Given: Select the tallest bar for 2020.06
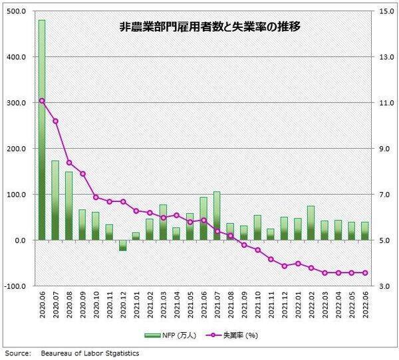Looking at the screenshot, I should (42, 133).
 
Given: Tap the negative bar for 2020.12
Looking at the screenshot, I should (122, 245).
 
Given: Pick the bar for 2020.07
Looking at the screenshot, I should (55, 200).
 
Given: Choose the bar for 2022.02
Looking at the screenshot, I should (311, 223).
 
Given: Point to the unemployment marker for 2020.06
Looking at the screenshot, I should (42, 101).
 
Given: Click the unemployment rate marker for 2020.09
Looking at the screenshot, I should (82, 174).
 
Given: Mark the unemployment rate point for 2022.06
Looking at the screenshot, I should (365, 272).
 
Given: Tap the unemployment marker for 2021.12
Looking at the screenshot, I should (284, 266).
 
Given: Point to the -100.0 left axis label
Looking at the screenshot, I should (14, 286).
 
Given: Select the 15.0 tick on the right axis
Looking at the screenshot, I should (385, 11).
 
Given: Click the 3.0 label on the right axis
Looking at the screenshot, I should (385, 286).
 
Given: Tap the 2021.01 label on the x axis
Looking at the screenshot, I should (136, 308).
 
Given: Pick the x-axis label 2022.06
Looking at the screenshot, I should (365, 308).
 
